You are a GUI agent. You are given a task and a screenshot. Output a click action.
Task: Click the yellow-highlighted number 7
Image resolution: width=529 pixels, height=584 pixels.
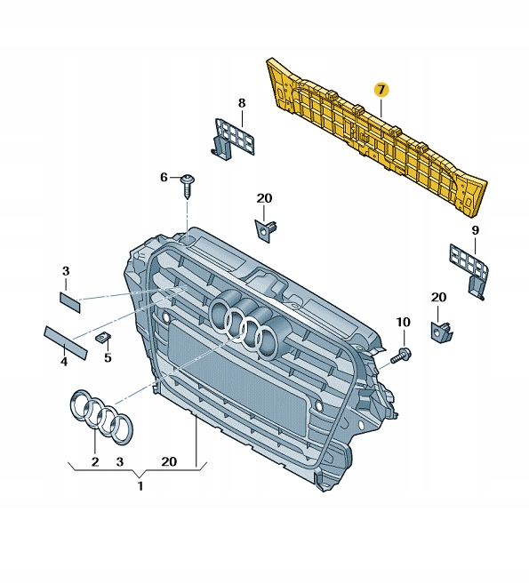381,90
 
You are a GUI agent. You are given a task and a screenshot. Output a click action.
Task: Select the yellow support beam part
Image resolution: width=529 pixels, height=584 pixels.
376,138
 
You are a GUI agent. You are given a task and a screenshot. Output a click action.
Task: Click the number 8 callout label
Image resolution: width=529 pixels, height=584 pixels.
242,103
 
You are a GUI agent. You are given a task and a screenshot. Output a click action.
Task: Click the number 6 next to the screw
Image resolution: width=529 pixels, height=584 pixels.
164,177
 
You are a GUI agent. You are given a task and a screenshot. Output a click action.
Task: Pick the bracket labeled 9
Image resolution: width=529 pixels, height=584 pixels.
469,272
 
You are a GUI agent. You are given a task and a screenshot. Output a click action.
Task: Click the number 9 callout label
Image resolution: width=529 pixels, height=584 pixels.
476,230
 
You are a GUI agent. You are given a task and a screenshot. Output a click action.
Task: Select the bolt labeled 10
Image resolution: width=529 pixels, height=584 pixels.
400,356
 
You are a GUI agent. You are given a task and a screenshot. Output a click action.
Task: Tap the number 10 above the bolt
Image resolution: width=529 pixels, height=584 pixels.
403,322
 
